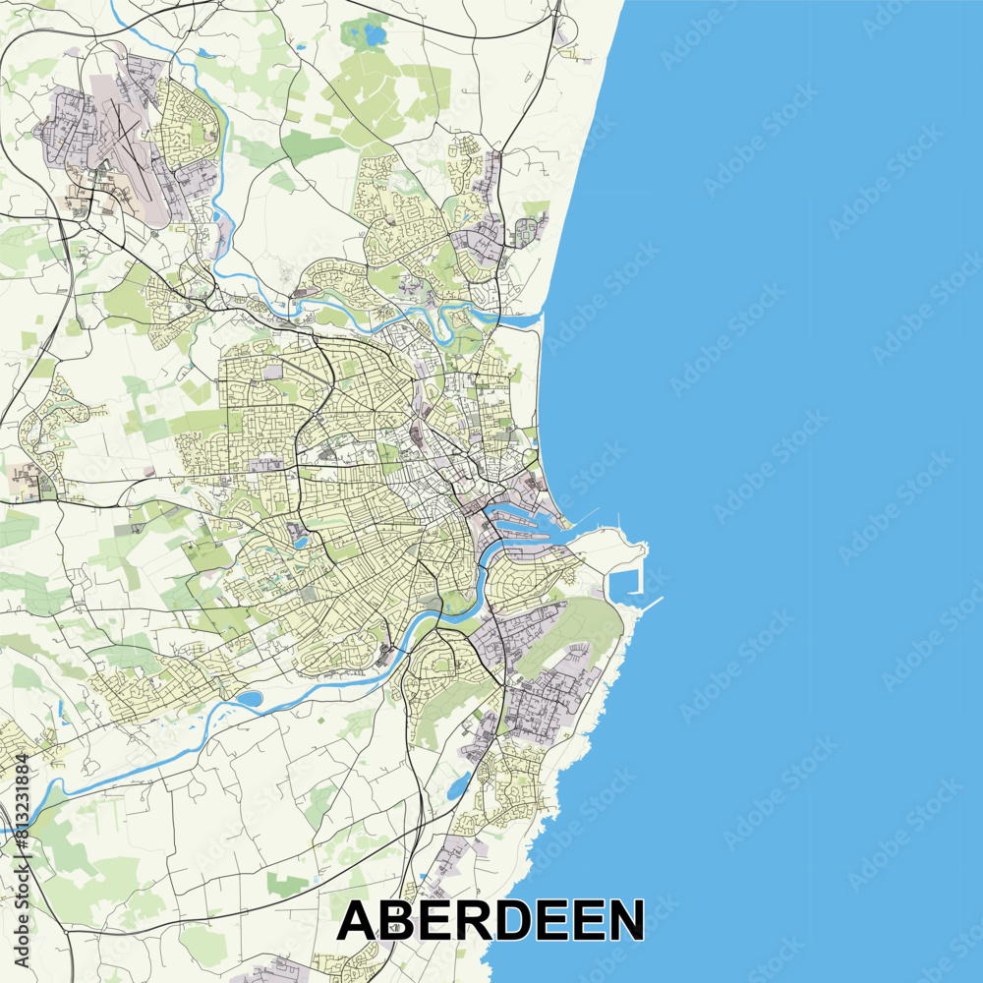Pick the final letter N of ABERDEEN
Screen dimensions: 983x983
pyautogui.click(x=622, y=921)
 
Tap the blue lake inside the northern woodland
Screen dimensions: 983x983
pyautogui.click(x=375, y=35)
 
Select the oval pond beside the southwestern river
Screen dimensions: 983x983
pyautogui.click(x=250, y=699)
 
